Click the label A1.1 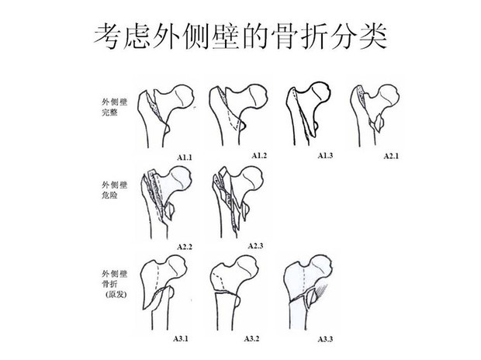[x=185, y=157]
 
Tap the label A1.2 [x=259, y=156]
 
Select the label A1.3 [x=325, y=156]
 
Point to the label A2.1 [x=391, y=156]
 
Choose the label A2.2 [x=185, y=247]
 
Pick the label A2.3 [x=255, y=246]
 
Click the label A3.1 [x=181, y=338]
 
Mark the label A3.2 [x=251, y=338]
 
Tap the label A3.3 [x=325, y=339]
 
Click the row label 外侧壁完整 [x=114, y=107]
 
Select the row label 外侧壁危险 [x=114, y=190]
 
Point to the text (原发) [x=116, y=294]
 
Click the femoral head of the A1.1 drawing [x=182, y=96]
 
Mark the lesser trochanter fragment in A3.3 [x=313, y=297]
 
